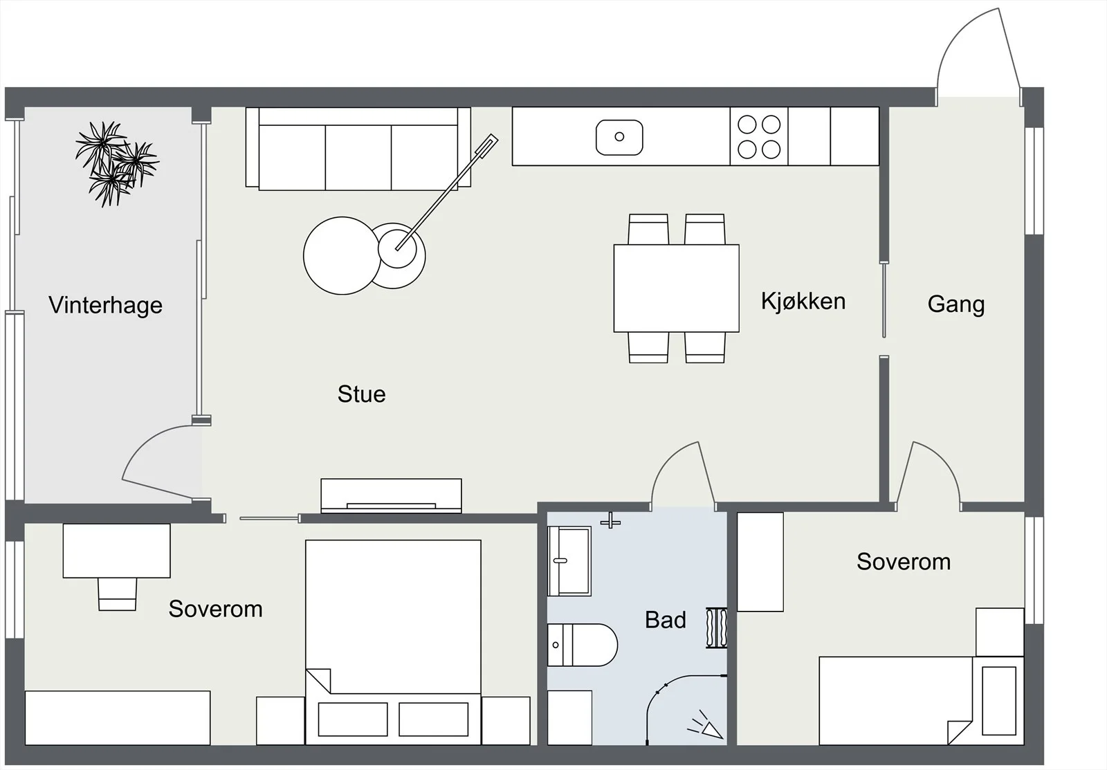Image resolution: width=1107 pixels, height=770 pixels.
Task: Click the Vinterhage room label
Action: (105, 305)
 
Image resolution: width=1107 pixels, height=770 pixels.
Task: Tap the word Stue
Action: (361, 394)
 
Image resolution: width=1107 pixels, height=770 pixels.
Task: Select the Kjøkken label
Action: (803, 301)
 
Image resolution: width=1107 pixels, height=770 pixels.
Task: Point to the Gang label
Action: (955, 304)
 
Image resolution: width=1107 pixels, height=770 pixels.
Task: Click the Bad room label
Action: (665, 620)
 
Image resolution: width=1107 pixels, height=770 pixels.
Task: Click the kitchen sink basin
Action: (619, 137)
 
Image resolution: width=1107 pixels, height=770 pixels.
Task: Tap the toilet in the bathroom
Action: (582, 645)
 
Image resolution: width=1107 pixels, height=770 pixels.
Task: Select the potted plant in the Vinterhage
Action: (117, 163)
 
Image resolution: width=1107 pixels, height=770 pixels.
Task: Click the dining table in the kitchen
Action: (676, 288)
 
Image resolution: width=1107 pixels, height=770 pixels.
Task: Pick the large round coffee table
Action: (342, 255)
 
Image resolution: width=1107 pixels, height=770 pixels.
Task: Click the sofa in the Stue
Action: (358, 148)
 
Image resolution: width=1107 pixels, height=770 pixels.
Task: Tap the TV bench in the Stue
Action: (391, 495)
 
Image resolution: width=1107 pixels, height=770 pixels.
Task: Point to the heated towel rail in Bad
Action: (716, 627)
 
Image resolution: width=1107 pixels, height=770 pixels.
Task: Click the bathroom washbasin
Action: (569, 561)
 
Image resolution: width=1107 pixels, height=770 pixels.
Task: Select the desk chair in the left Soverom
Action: (117, 594)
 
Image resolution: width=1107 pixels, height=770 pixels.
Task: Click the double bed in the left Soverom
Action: (393, 642)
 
